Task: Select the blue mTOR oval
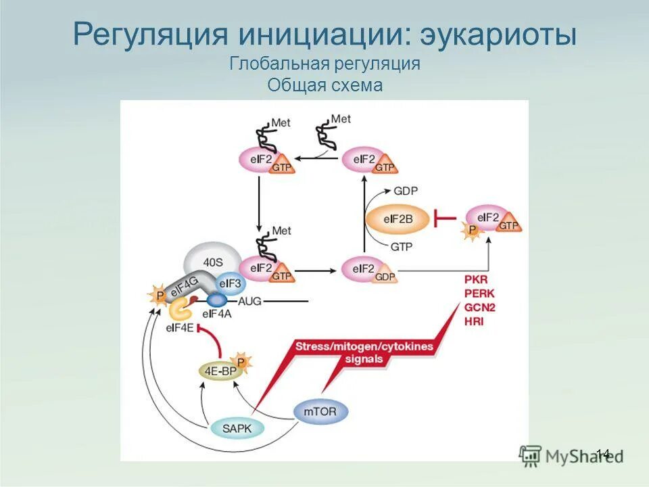click(320, 410)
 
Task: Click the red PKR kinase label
click(476, 279)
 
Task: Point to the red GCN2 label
click(479, 307)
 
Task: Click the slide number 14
click(603, 454)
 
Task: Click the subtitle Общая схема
click(325, 86)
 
